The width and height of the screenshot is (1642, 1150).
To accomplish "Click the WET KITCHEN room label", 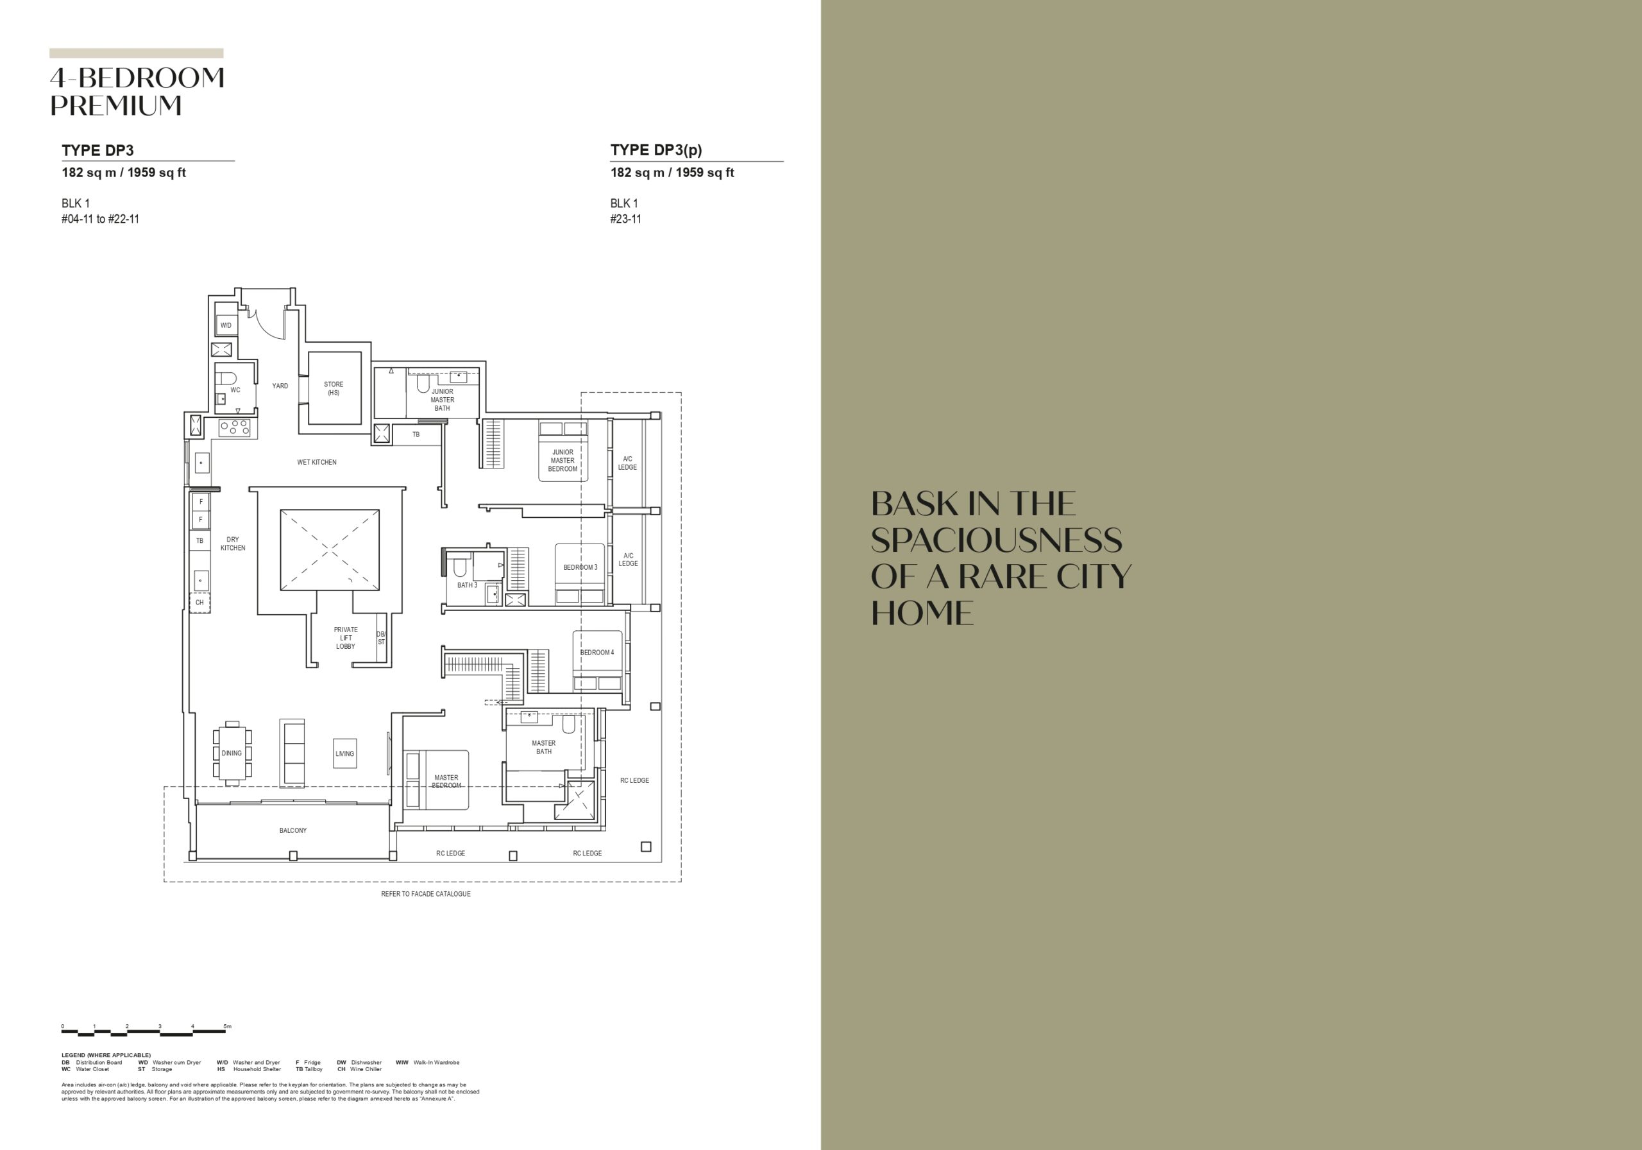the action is coord(317,462).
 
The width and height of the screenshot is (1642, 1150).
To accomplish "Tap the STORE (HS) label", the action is coord(334,389).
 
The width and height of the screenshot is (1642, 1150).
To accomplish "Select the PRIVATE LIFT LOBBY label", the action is coord(346,638).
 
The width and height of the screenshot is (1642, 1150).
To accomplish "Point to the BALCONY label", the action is coord(293,831).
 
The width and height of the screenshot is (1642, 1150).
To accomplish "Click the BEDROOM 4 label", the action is coord(597,653).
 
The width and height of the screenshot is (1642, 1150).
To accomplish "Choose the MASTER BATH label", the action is coord(543,747).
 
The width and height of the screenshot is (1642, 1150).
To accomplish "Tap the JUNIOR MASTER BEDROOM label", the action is coord(563,460).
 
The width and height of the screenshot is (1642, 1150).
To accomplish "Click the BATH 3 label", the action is coord(467,585).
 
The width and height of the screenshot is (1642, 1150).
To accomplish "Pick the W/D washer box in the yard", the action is coord(226,325).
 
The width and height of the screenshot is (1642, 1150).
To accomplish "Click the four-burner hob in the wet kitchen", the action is coord(235,428).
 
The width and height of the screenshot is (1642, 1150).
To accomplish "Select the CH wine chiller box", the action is coord(199,603).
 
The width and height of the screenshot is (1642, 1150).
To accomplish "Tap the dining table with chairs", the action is coord(232,753).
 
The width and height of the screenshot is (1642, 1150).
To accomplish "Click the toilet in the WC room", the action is coord(226,379).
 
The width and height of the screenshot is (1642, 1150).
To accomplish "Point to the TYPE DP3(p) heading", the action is coord(656,150).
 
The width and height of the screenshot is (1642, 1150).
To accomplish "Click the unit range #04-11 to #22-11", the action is coord(100,219).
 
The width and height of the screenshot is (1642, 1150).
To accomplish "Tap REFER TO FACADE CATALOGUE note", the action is coord(425,894).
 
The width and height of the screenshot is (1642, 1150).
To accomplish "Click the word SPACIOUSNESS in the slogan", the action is coord(996,540).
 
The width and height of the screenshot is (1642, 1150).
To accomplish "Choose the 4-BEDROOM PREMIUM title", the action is coord(137,92).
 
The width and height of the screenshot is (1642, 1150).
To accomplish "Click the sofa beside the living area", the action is coord(292,753).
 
